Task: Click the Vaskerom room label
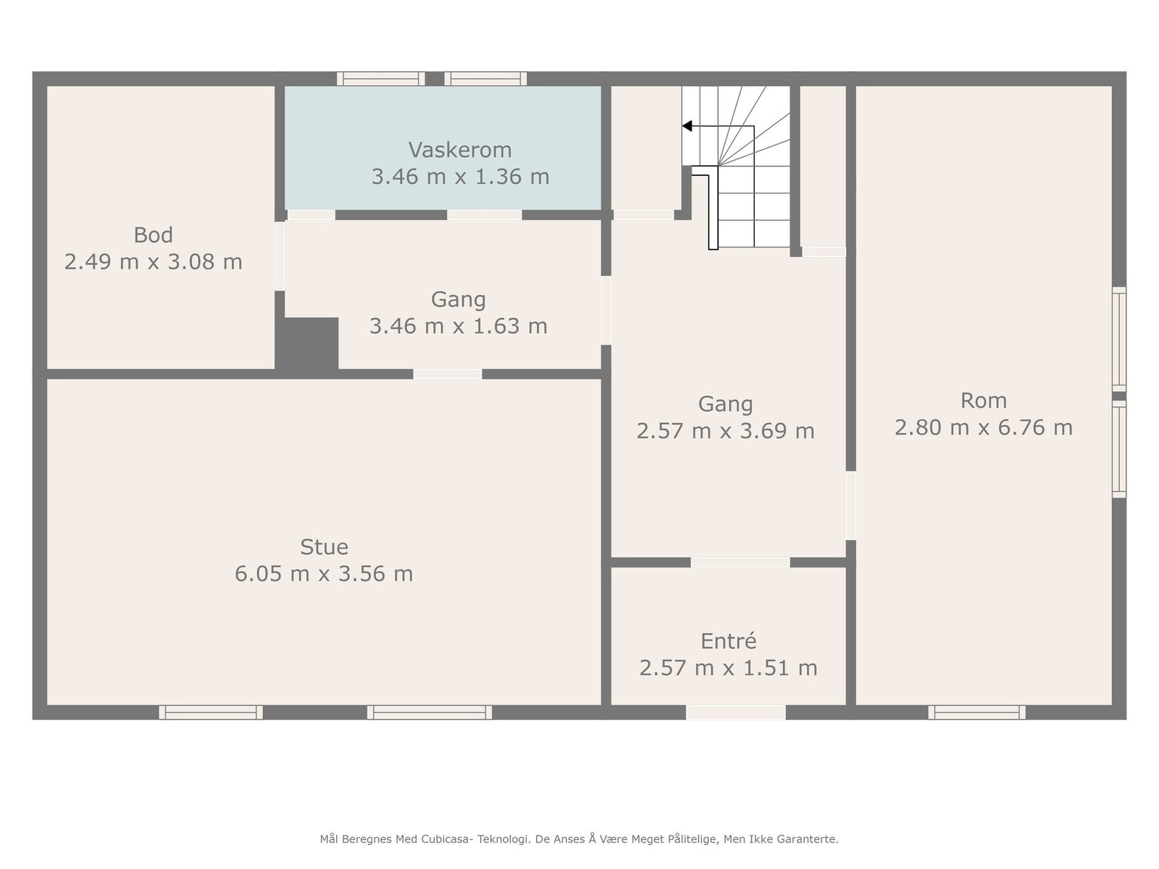coord(460,151)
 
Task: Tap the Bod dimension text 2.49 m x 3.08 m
coord(153,261)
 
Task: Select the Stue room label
coord(325,547)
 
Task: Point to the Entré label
coord(728,641)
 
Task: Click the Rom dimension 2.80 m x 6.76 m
coord(983,427)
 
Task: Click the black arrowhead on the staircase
coord(687,126)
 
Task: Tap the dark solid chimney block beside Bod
coord(307,344)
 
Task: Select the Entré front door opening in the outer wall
coord(735,713)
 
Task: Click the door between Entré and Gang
coord(740,563)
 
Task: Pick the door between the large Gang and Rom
coord(850,505)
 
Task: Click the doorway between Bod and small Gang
coord(280,256)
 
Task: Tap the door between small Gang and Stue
coord(447,374)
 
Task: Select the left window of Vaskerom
coord(381,79)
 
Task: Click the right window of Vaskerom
coord(485,79)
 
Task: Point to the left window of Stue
coord(211,713)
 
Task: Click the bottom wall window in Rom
coord(977,713)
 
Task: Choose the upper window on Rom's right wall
coord(1119,339)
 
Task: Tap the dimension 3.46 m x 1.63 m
coord(459,326)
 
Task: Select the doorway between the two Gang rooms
coord(606,310)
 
